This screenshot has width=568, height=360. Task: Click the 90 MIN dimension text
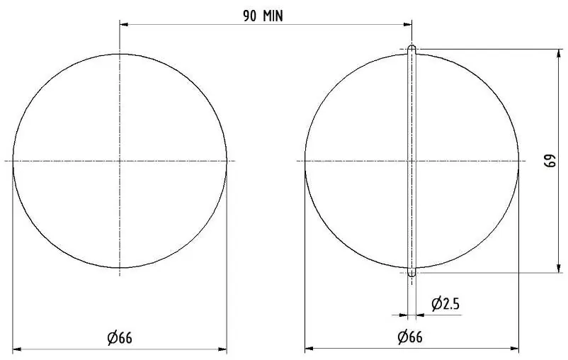pos(263,16)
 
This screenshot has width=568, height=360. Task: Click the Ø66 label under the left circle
pos(120,338)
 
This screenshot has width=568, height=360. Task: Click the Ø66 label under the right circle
pos(410,337)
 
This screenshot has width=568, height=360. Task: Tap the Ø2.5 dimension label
pos(445,304)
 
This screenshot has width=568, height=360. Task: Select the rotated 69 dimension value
pos(550,161)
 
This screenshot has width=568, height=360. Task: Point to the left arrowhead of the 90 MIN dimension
pos(124,25)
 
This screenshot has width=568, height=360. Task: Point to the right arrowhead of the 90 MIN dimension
pos(407,25)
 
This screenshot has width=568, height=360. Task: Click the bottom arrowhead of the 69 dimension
pos(560,269)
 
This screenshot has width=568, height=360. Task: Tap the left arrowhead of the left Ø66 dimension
pos(17,349)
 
